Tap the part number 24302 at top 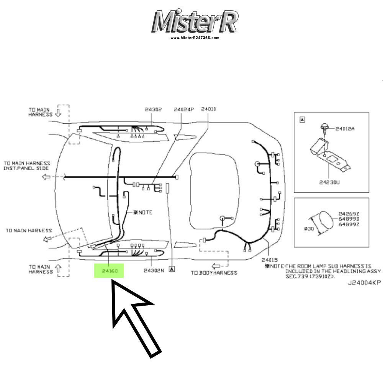153,110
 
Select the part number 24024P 184,110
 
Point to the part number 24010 209,110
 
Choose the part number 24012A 345,129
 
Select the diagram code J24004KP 364,283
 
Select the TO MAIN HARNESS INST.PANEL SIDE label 27,166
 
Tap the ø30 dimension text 309,229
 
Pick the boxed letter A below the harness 172,269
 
